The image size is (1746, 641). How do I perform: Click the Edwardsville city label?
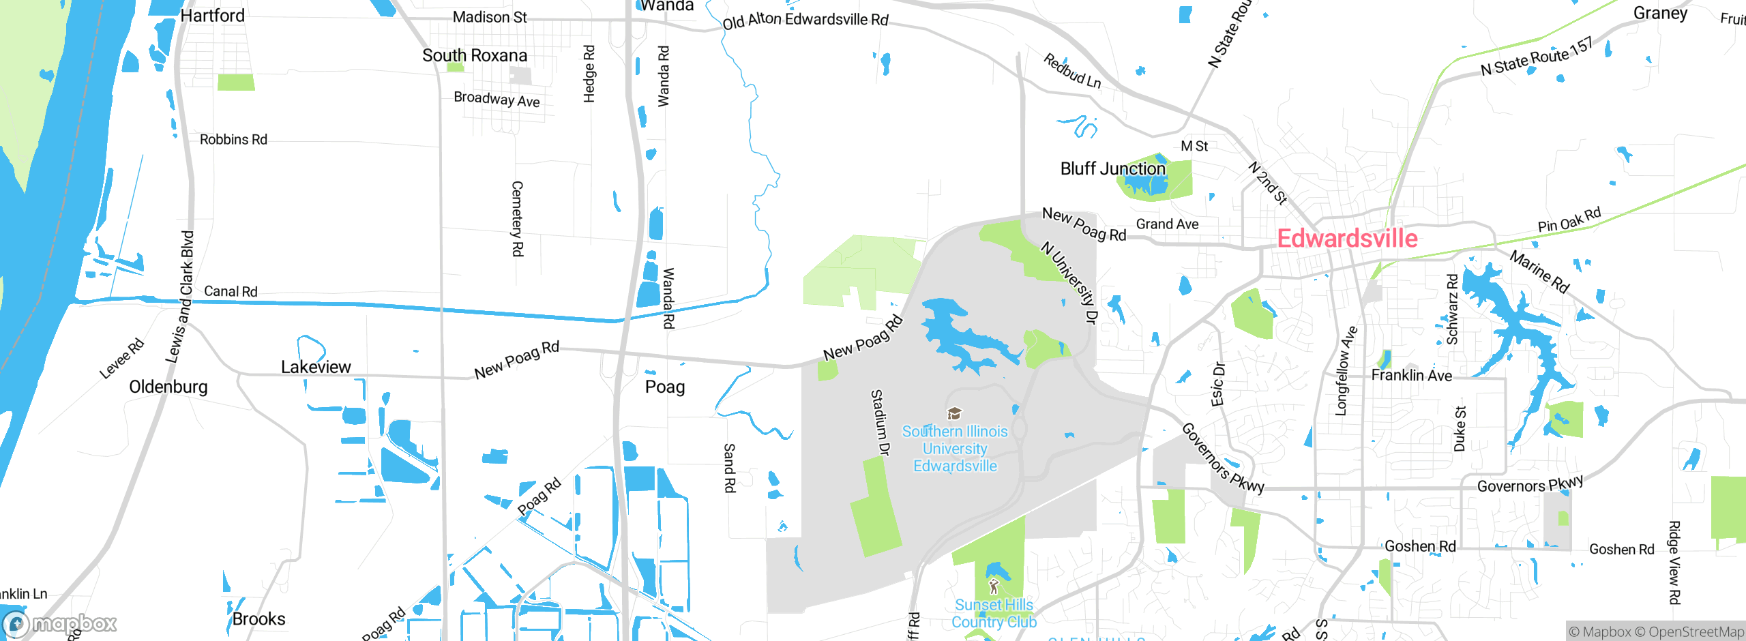[x=1347, y=239]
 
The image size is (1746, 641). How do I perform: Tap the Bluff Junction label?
[x=1113, y=168]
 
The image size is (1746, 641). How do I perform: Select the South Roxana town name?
[x=475, y=55]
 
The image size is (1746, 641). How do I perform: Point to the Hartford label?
[x=212, y=15]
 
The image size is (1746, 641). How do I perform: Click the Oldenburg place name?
[x=168, y=387]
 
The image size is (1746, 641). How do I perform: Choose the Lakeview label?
[x=316, y=367]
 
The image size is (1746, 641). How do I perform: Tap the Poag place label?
[x=665, y=387]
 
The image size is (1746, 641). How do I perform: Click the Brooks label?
[x=258, y=618]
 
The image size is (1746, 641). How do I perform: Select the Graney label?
[x=1660, y=13]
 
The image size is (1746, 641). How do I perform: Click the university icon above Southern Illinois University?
[x=955, y=413]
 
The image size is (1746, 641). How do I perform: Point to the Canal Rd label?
[x=231, y=291]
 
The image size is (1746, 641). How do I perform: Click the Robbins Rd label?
[x=233, y=139]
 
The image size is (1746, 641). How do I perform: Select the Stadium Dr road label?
[x=881, y=423]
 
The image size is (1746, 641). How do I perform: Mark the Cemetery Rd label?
[x=518, y=218]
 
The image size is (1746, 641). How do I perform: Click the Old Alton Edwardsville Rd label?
[x=805, y=20]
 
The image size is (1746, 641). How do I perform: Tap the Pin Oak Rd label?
[x=1569, y=220]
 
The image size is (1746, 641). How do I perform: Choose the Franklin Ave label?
[x=1411, y=375]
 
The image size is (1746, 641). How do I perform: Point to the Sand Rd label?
[x=729, y=468]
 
